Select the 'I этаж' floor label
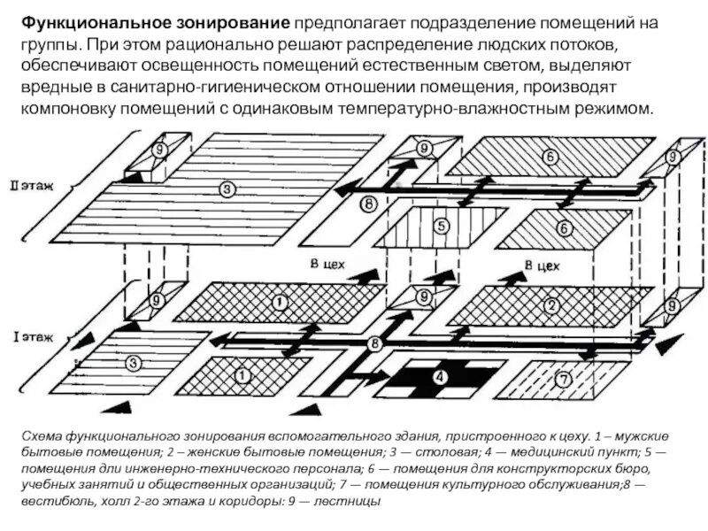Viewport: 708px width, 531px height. point(33,337)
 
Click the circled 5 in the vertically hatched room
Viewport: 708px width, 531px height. point(440,226)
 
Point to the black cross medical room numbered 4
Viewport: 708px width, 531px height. point(440,377)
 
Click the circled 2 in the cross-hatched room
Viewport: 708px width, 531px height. point(551,306)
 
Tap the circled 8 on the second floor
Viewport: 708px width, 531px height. point(369,206)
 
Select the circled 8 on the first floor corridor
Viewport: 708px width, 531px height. point(374,343)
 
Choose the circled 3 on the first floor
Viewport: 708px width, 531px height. point(133,363)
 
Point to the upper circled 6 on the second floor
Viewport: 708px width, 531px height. point(550,158)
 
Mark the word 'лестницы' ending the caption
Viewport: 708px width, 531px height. point(353,501)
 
